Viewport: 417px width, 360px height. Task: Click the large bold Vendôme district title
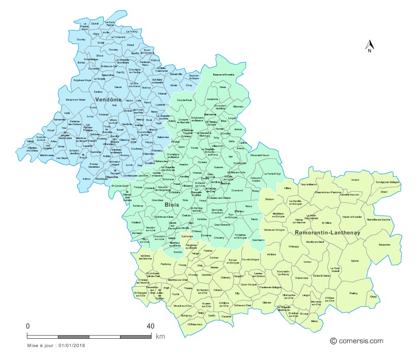tap(108, 100)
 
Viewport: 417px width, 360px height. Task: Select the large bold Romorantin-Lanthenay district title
tap(327, 232)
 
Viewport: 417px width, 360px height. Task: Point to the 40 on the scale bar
tap(150, 326)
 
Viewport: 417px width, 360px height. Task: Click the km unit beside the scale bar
tap(160, 336)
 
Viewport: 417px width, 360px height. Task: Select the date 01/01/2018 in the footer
tap(71, 345)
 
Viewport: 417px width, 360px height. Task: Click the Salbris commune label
tap(355, 261)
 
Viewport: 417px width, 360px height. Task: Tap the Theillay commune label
tap(354, 293)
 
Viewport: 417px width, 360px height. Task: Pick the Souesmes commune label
tap(384, 244)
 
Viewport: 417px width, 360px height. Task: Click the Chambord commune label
tap(237, 190)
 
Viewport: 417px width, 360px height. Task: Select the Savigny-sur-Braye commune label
tap(76, 99)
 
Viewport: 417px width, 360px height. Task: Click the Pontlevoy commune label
tap(165, 264)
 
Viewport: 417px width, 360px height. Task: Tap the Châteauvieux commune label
tap(195, 324)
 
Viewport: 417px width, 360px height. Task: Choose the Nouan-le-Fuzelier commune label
tap(352, 216)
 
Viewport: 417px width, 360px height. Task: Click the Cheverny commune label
tap(219, 238)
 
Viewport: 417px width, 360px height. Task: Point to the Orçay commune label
tap(373, 297)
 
